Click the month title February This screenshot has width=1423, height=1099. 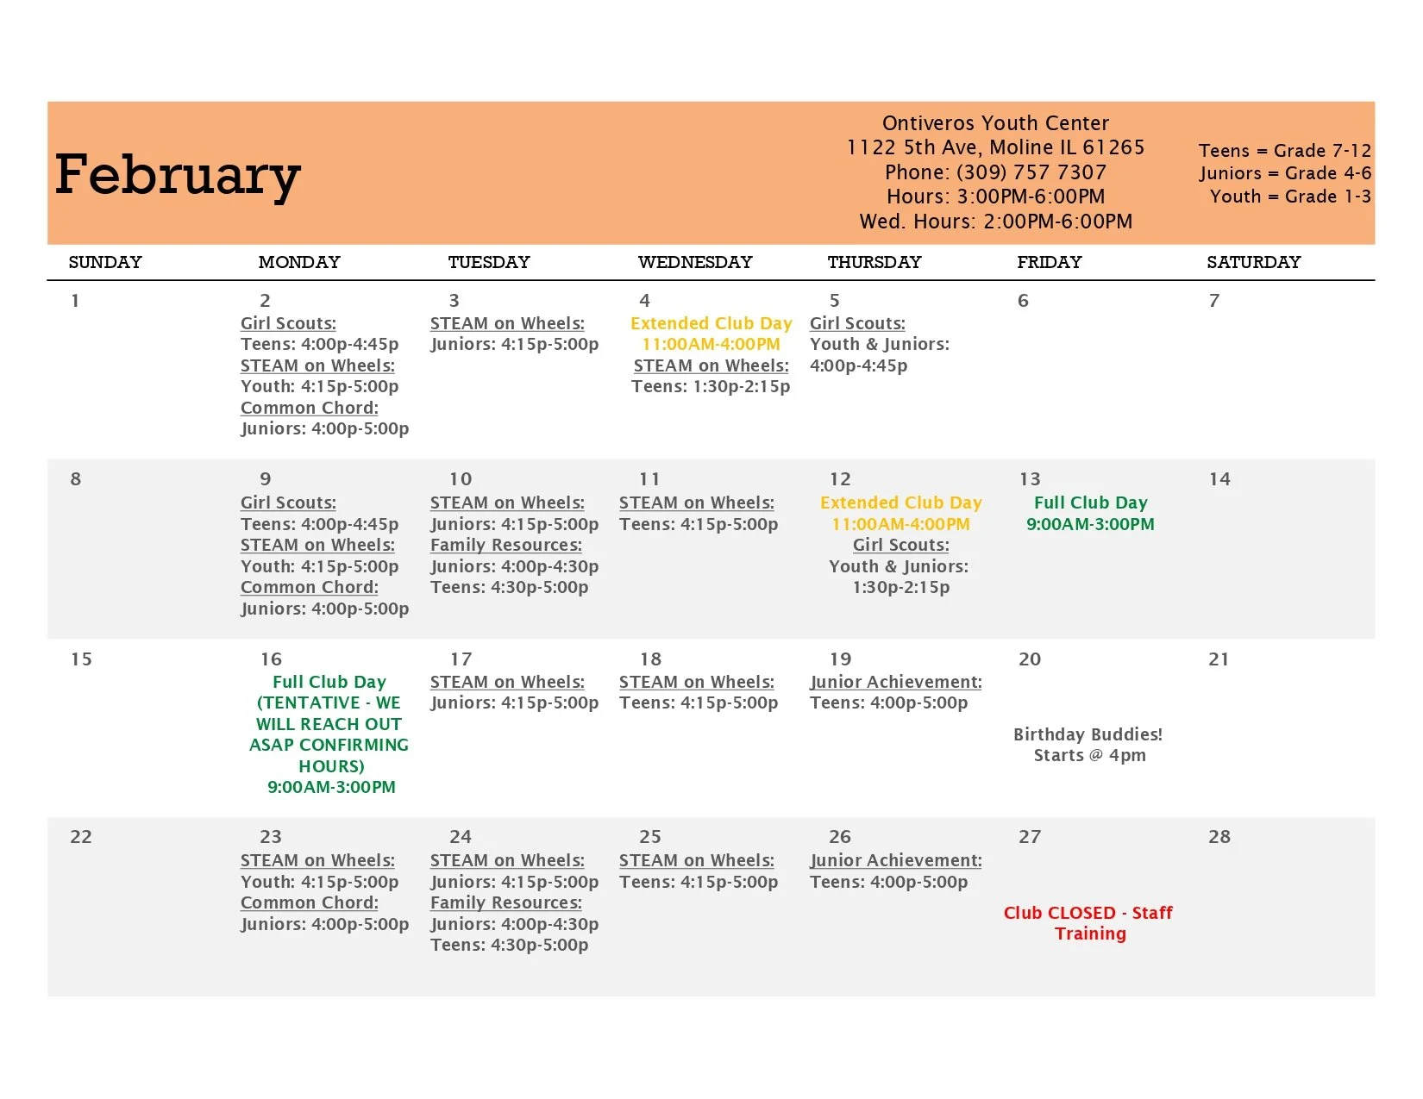[178, 175]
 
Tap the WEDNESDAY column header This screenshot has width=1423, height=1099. [694, 262]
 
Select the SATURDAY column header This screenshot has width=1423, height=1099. [1253, 262]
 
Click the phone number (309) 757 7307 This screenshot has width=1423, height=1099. [995, 172]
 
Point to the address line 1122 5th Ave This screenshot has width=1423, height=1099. [995, 147]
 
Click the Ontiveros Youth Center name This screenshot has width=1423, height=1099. [995, 123]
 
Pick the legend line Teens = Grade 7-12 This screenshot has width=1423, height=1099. [1284, 151]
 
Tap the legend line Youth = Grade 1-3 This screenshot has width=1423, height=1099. [1289, 197]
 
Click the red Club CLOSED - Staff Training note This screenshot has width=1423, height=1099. [1088, 923]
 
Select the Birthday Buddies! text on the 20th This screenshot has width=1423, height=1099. [1088, 734]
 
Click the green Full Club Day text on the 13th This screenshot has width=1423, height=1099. [1090, 503]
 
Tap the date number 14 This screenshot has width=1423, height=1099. [1219, 479]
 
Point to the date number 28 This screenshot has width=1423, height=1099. [1219, 837]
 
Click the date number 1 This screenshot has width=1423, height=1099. [75, 301]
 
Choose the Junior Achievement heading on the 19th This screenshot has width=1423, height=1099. [895, 682]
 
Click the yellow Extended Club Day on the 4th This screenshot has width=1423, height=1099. [711, 323]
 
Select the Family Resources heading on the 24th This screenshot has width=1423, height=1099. [505, 902]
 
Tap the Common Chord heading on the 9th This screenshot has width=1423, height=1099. [309, 587]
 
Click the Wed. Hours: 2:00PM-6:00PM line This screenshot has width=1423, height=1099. [995, 222]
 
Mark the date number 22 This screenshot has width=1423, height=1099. [81, 837]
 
